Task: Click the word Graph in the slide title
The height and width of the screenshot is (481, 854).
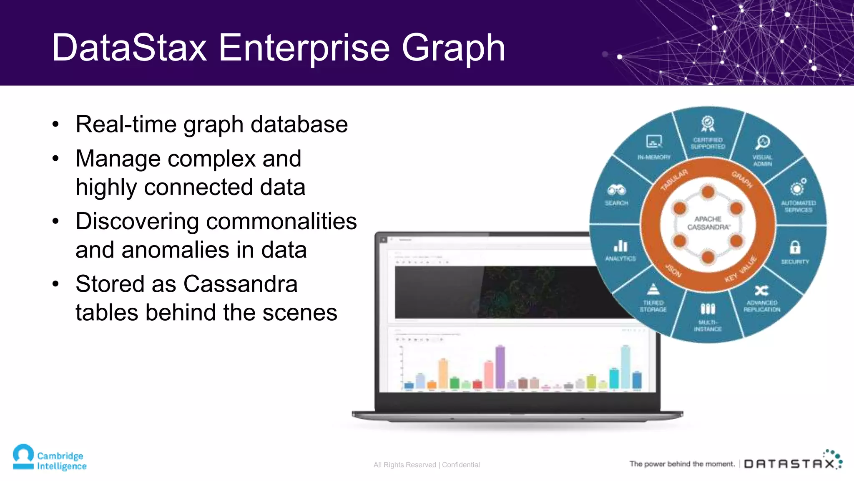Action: (x=453, y=48)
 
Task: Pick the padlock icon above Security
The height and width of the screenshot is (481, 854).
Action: (x=795, y=247)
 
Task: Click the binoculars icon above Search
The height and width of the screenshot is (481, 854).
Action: (x=616, y=190)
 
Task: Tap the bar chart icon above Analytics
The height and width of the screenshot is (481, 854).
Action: (x=620, y=246)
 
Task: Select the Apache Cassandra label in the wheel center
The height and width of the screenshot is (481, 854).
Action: (x=708, y=223)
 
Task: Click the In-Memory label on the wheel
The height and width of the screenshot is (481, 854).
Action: (x=654, y=157)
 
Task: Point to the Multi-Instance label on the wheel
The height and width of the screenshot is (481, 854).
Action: (x=708, y=326)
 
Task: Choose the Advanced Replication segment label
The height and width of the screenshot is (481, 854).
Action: (x=762, y=306)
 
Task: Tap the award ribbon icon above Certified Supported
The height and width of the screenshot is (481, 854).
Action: (x=708, y=124)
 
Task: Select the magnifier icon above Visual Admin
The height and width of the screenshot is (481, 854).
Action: (x=763, y=142)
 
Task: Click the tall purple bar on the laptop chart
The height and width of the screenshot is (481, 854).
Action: (x=500, y=367)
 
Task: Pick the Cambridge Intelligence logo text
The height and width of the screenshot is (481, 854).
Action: (x=62, y=461)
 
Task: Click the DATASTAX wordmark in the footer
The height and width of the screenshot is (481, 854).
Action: (x=790, y=464)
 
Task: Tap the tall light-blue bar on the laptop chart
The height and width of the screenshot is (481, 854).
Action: (x=625, y=367)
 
